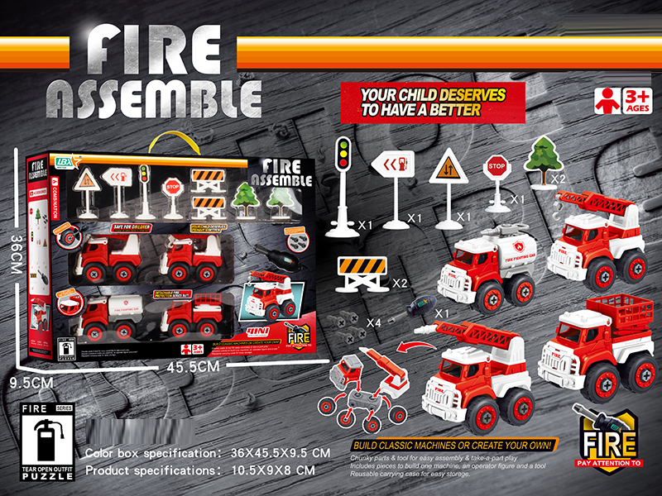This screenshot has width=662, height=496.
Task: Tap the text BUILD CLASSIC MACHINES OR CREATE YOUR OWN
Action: (452, 446)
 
